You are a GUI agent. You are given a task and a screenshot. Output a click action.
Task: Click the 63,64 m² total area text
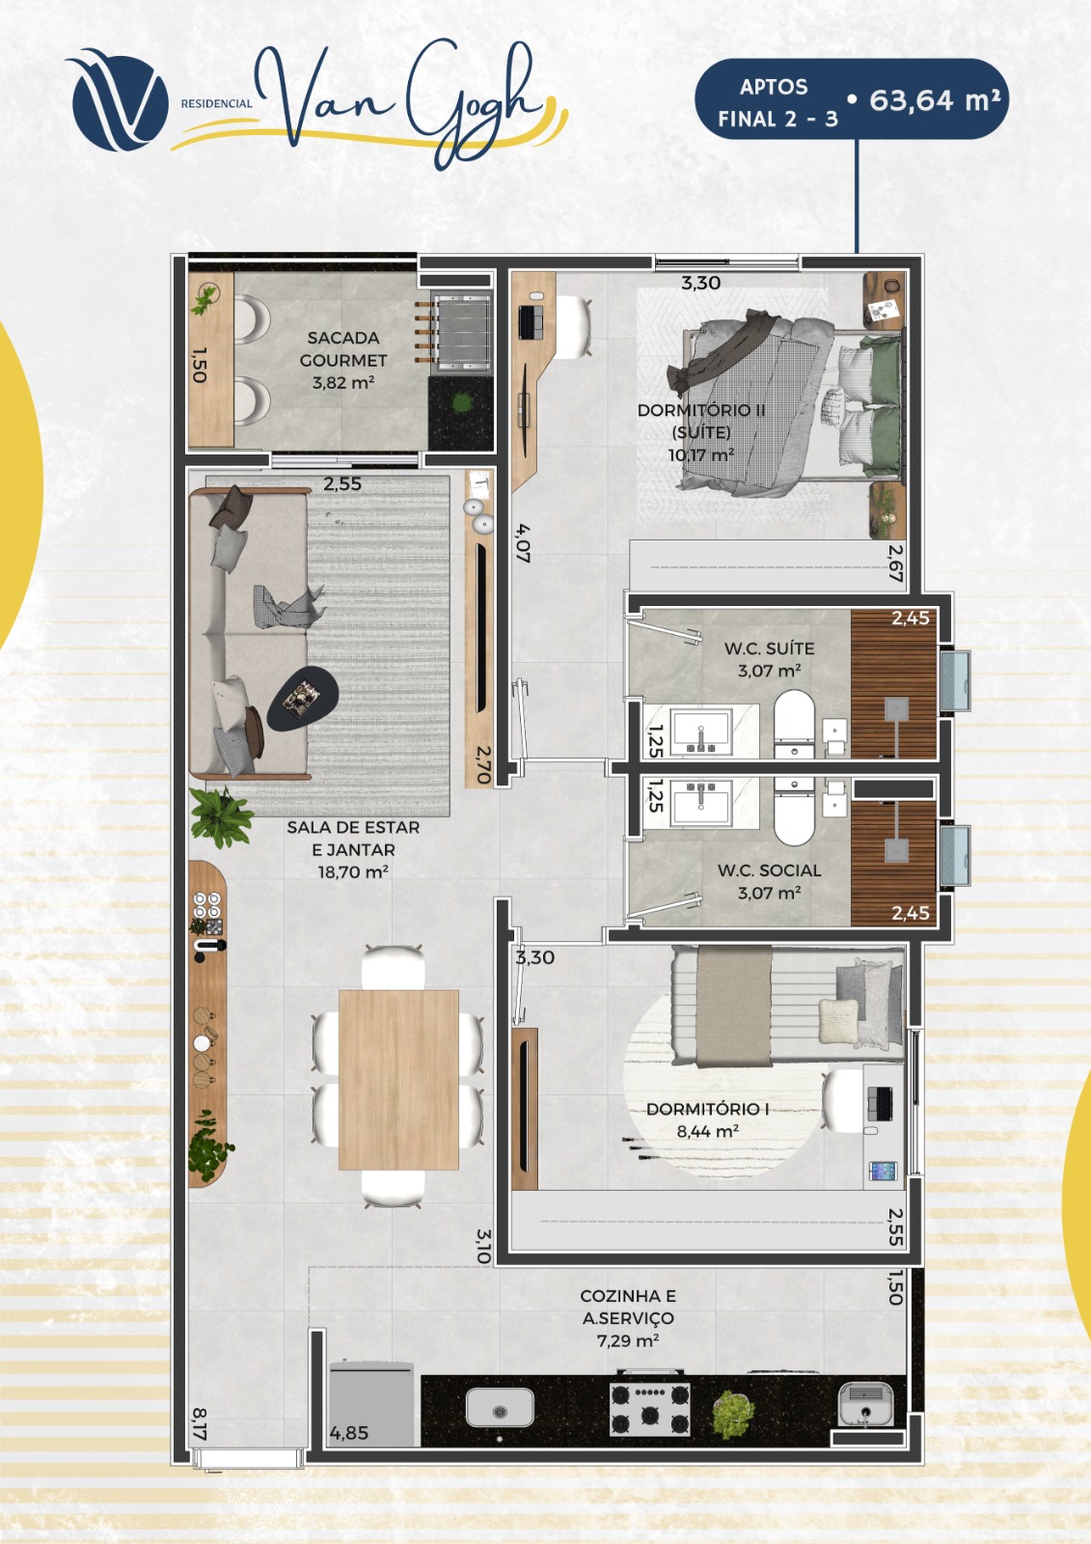(x=935, y=100)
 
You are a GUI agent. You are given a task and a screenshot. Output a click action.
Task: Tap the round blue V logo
(x=120, y=102)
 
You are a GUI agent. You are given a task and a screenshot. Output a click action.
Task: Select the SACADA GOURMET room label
(x=343, y=348)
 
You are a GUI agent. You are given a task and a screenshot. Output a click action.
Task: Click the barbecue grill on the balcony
(x=461, y=332)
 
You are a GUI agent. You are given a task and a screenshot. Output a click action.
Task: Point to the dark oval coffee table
(x=303, y=699)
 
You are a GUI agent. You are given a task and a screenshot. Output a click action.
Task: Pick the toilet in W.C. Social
(x=794, y=812)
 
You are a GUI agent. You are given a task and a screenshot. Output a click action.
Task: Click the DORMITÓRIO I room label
(x=708, y=1109)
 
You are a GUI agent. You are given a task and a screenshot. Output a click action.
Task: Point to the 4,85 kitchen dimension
(x=349, y=1433)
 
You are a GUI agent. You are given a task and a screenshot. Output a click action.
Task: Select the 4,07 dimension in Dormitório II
(x=523, y=544)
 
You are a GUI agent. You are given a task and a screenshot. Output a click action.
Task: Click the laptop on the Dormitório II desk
(x=530, y=322)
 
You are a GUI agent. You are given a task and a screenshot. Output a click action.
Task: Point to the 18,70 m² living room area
(x=353, y=872)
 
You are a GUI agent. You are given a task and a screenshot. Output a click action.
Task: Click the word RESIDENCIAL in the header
(x=216, y=104)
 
